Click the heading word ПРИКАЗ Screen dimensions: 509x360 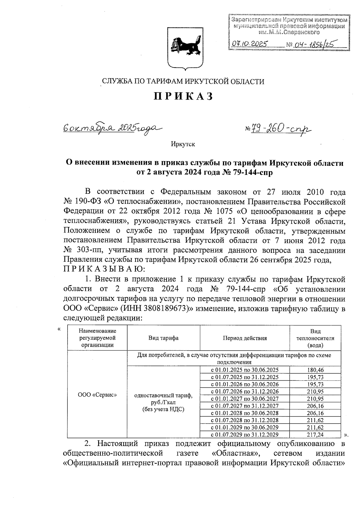coord(183,96)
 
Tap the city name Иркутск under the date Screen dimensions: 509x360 coord(183,144)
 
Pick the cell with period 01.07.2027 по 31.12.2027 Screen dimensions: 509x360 coord(245,406)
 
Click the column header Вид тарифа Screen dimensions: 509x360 coord(163,338)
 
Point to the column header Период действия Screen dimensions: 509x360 coord(244,338)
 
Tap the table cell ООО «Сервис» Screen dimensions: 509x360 coord(97,395)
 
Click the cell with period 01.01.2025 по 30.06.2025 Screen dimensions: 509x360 coord(245,370)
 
